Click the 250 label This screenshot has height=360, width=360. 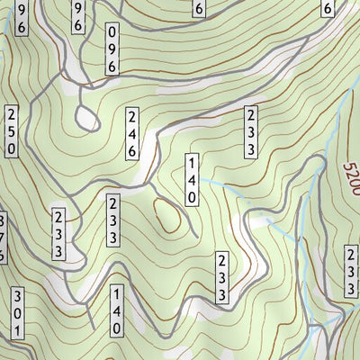11,133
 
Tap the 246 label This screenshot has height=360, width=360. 132,133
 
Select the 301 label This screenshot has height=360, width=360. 16,314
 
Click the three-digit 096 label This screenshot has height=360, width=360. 112,50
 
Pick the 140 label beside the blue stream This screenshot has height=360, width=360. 191,179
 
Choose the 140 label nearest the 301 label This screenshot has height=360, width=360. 116,311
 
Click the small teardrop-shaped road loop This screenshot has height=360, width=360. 88,116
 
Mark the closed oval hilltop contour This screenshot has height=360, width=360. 167,215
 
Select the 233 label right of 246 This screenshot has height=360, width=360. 250,133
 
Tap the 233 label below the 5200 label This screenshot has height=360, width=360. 350,271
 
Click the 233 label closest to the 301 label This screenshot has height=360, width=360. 58,234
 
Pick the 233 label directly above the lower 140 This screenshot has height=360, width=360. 114,220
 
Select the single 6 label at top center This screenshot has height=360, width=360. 199,9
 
